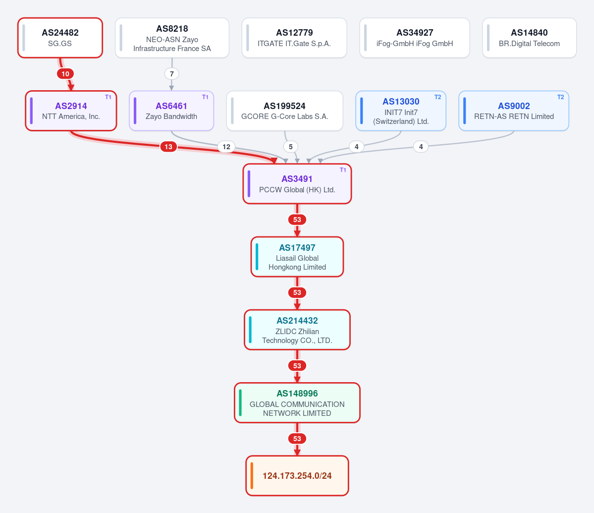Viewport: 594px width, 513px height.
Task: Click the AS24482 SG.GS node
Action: pyautogui.click(x=60, y=38)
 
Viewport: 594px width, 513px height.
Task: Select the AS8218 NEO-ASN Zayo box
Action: pyautogui.click(x=172, y=38)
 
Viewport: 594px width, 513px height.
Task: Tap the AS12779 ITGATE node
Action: pyautogui.click(x=294, y=38)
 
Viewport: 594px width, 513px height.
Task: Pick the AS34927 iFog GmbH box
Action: pyautogui.click(x=415, y=38)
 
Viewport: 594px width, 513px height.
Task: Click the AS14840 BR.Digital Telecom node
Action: pyautogui.click(x=529, y=38)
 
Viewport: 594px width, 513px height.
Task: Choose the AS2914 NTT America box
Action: pyautogui.click(x=71, y=111)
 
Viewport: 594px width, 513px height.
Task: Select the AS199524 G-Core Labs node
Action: pyautogui.click(x=284, y=111)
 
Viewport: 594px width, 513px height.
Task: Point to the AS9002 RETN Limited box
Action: pyautogui.click(x=514, y=111)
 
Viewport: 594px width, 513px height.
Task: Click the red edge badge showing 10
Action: pyautogui.click(x=65, y=74)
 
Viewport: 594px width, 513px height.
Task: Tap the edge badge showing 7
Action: pyautogui.click(x=171, y=74)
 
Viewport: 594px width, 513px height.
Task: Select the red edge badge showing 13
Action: pyautogui.click(x=168, y=147)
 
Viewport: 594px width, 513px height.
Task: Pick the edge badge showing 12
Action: pyautogui.click(x=226, y=147)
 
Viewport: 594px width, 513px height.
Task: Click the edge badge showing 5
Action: pyautogui.click(x=291, y=147)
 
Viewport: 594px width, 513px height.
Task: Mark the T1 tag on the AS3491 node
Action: pyautogui.click(x=343, y=170)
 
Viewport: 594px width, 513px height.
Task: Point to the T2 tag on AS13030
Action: pyautogui.click(x=437, y=97)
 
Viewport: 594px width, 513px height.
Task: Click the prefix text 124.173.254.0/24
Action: pyautogui.click(x=297, y=476)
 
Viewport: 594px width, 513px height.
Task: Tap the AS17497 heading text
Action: pyautogui.click(x=297, y=248)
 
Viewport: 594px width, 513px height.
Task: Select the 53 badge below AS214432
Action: pyautogui.click(x=297, y=366)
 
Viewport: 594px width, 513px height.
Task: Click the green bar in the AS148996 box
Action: pyautogui.click(x=240, y=403)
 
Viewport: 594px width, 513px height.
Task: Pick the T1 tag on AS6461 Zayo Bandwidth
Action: pyautogui.click(x=205, y=97)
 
